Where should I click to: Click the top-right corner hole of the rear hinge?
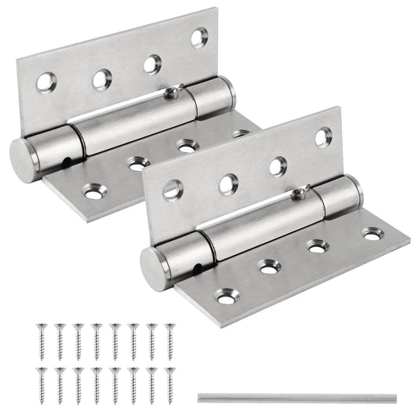point(199,36)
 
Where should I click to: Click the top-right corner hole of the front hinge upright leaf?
point(323,137)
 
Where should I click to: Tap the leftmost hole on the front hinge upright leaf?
point(173,188)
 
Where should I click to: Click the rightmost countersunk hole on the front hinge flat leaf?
point(372,233)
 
